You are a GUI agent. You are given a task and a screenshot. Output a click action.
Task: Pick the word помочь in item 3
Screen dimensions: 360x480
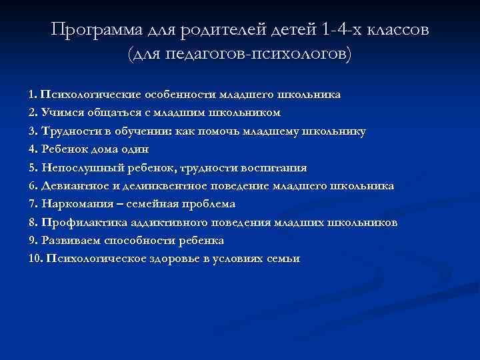point(218,131)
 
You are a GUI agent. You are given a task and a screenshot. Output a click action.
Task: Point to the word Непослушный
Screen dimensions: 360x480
point(80,167)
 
